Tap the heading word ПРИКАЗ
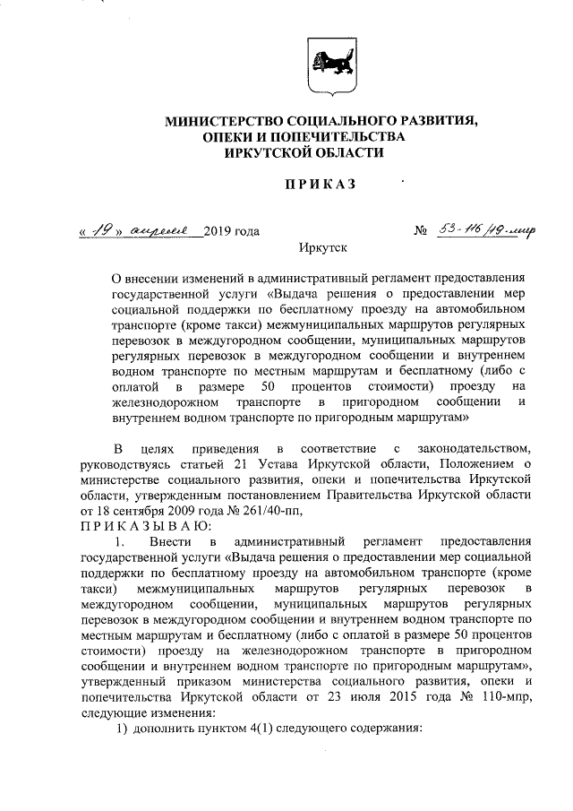[321, 185]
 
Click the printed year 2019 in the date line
[218, 232]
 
